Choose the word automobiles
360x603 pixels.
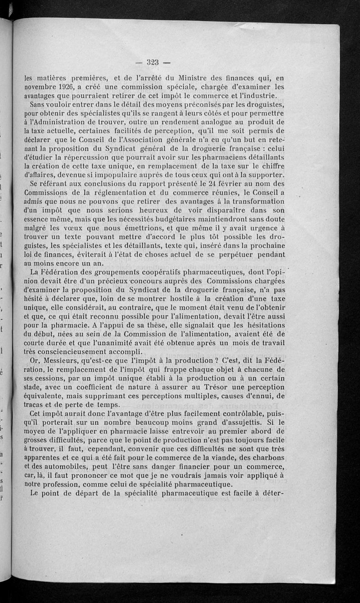(x=59, y=467)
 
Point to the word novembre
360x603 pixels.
(x=42, y=87)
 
